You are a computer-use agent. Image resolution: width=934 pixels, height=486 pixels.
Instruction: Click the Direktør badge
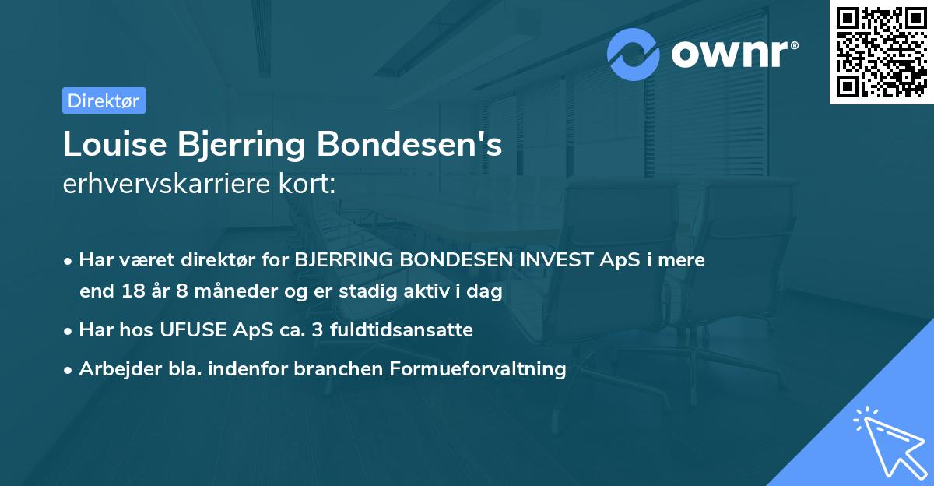[x=104, y=100]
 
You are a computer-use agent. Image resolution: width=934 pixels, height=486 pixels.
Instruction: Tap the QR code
[x=881, y=51]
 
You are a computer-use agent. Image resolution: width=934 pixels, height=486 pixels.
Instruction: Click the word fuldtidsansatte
[x=401, y=329]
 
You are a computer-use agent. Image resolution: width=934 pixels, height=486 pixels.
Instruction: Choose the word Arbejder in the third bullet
[x=113, y=368]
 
